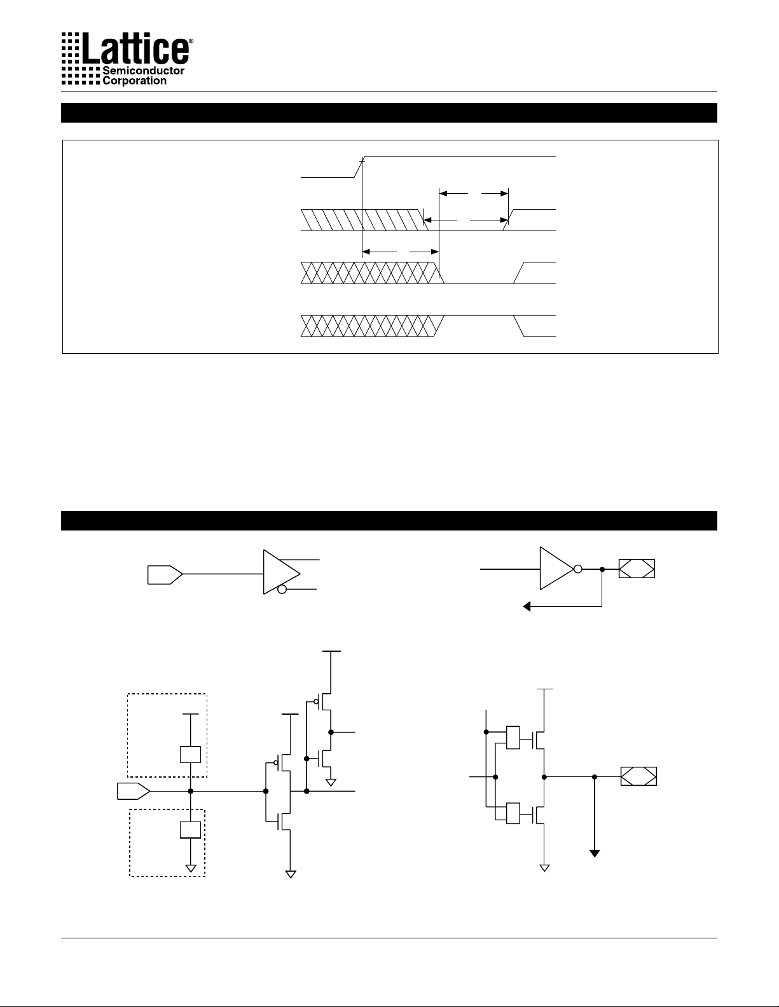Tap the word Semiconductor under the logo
coord(143,71)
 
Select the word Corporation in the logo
coord(134,81)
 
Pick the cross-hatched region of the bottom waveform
coord(369,325)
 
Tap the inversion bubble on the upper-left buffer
coord(282,590)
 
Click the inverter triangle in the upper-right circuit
coord(555,569)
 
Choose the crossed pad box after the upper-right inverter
coord(637,569)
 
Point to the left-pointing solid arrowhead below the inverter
coord(527,606)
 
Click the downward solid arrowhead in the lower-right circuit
coord(595,853)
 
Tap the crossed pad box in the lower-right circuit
coord(638,776)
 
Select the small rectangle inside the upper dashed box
coord(191,755)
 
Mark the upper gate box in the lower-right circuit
coord(513,737)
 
